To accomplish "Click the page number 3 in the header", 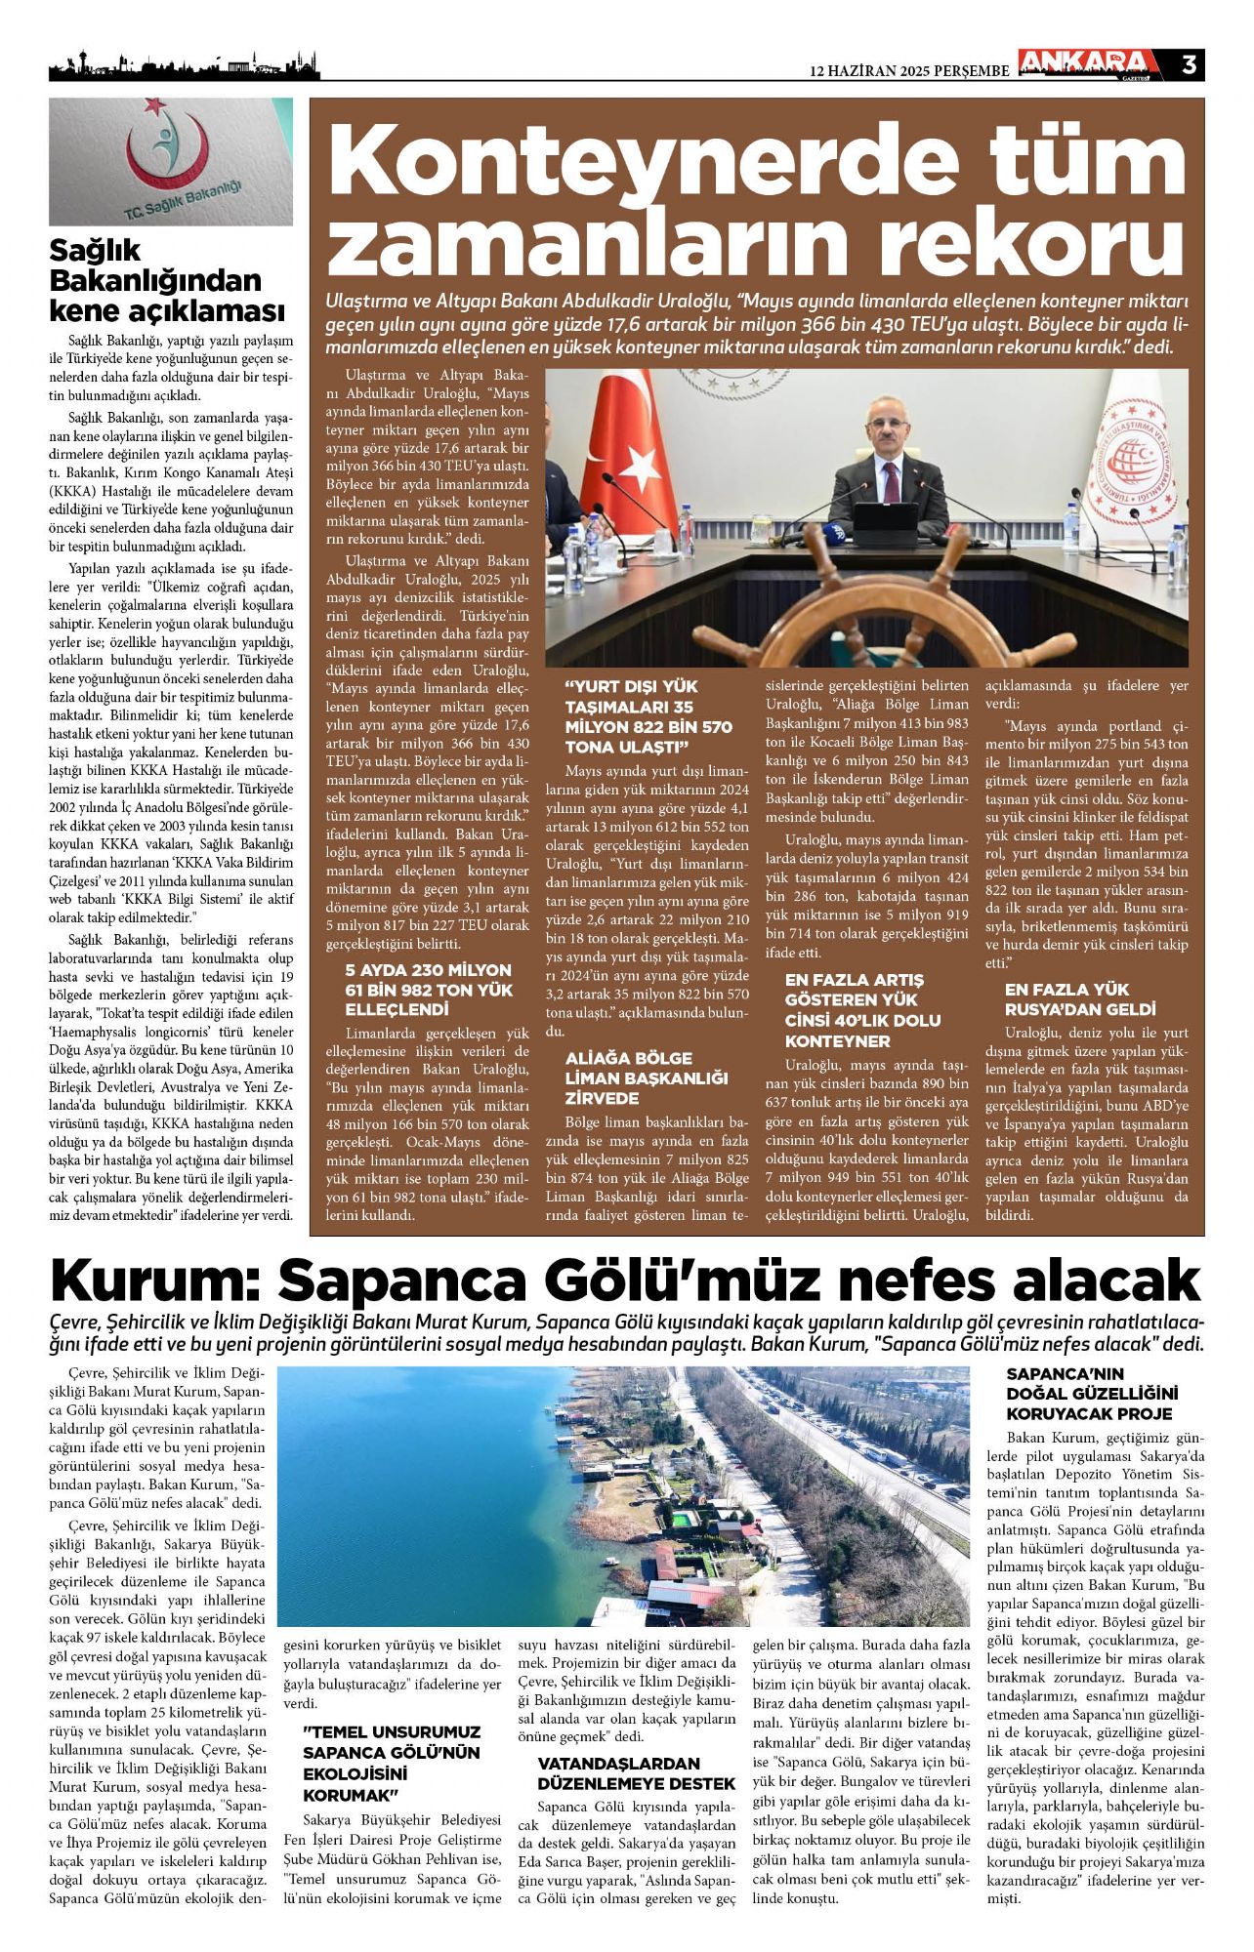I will click(x=1189, y=64).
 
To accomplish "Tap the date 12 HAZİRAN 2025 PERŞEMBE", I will click(x=910, y=71).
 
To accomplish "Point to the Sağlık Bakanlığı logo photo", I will click(x=171, y=161).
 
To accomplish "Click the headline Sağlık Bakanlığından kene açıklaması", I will click(x=167, y=281).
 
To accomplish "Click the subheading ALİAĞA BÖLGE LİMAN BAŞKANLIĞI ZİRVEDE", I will click(x=647, y=1078).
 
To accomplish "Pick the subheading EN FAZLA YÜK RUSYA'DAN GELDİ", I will click(x=1079, y=998).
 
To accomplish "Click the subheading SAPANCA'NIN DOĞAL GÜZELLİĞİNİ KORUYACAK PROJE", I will click(x=1092, y=1394).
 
